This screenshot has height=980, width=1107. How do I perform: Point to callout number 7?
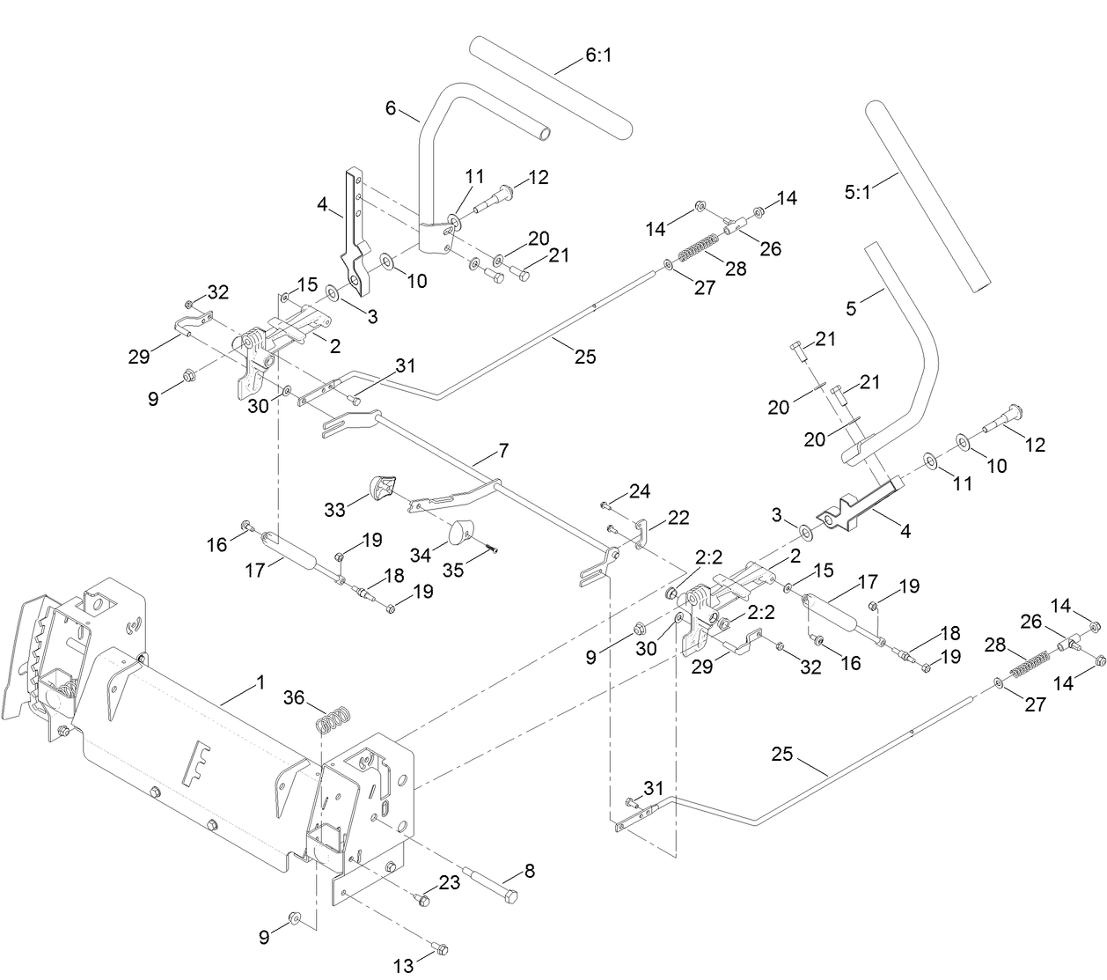click(x=502, y=451)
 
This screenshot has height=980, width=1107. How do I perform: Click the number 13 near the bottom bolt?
click(x=403, y=966)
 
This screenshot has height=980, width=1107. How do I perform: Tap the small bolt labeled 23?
click(x=422, y=900)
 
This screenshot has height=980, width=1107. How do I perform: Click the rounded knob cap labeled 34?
click(x=460, y=533)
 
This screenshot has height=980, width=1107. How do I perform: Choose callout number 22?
click(x=678, y=517)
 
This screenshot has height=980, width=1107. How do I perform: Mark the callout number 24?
click(x=640, y=490)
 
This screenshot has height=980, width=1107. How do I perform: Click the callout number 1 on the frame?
click(x=260, y=682)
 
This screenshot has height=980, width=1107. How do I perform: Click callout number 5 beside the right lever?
click(x=851, y=308)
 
